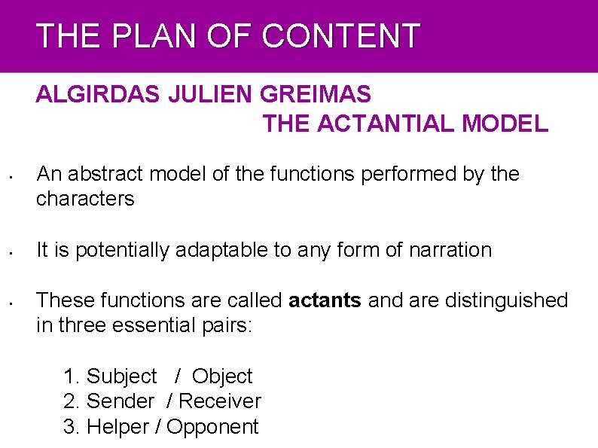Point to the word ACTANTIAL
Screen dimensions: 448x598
pyautogui.click(x=386, y=124)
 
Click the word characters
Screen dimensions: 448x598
pyautogui.click(x=85, y=200)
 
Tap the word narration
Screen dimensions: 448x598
pyautogui.click(x=450, y=250)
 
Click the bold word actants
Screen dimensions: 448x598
pyautogui.click(x=325, y=300)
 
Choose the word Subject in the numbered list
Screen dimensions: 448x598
pyautogui.click(x=122, y=376)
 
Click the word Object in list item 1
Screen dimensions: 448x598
pyautogui.click(x=222, y=376)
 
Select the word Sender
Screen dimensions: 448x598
pyautogui.click(x=121, y=401)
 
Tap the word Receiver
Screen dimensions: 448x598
pyautogui.click(x=220, y=401)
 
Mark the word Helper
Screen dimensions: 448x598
pyautogui.click(x=118, y=427)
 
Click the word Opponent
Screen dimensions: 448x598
pyautogui.click(x=212, y=427)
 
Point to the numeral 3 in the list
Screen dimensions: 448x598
pyautogui.click(x=70, y=427)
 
